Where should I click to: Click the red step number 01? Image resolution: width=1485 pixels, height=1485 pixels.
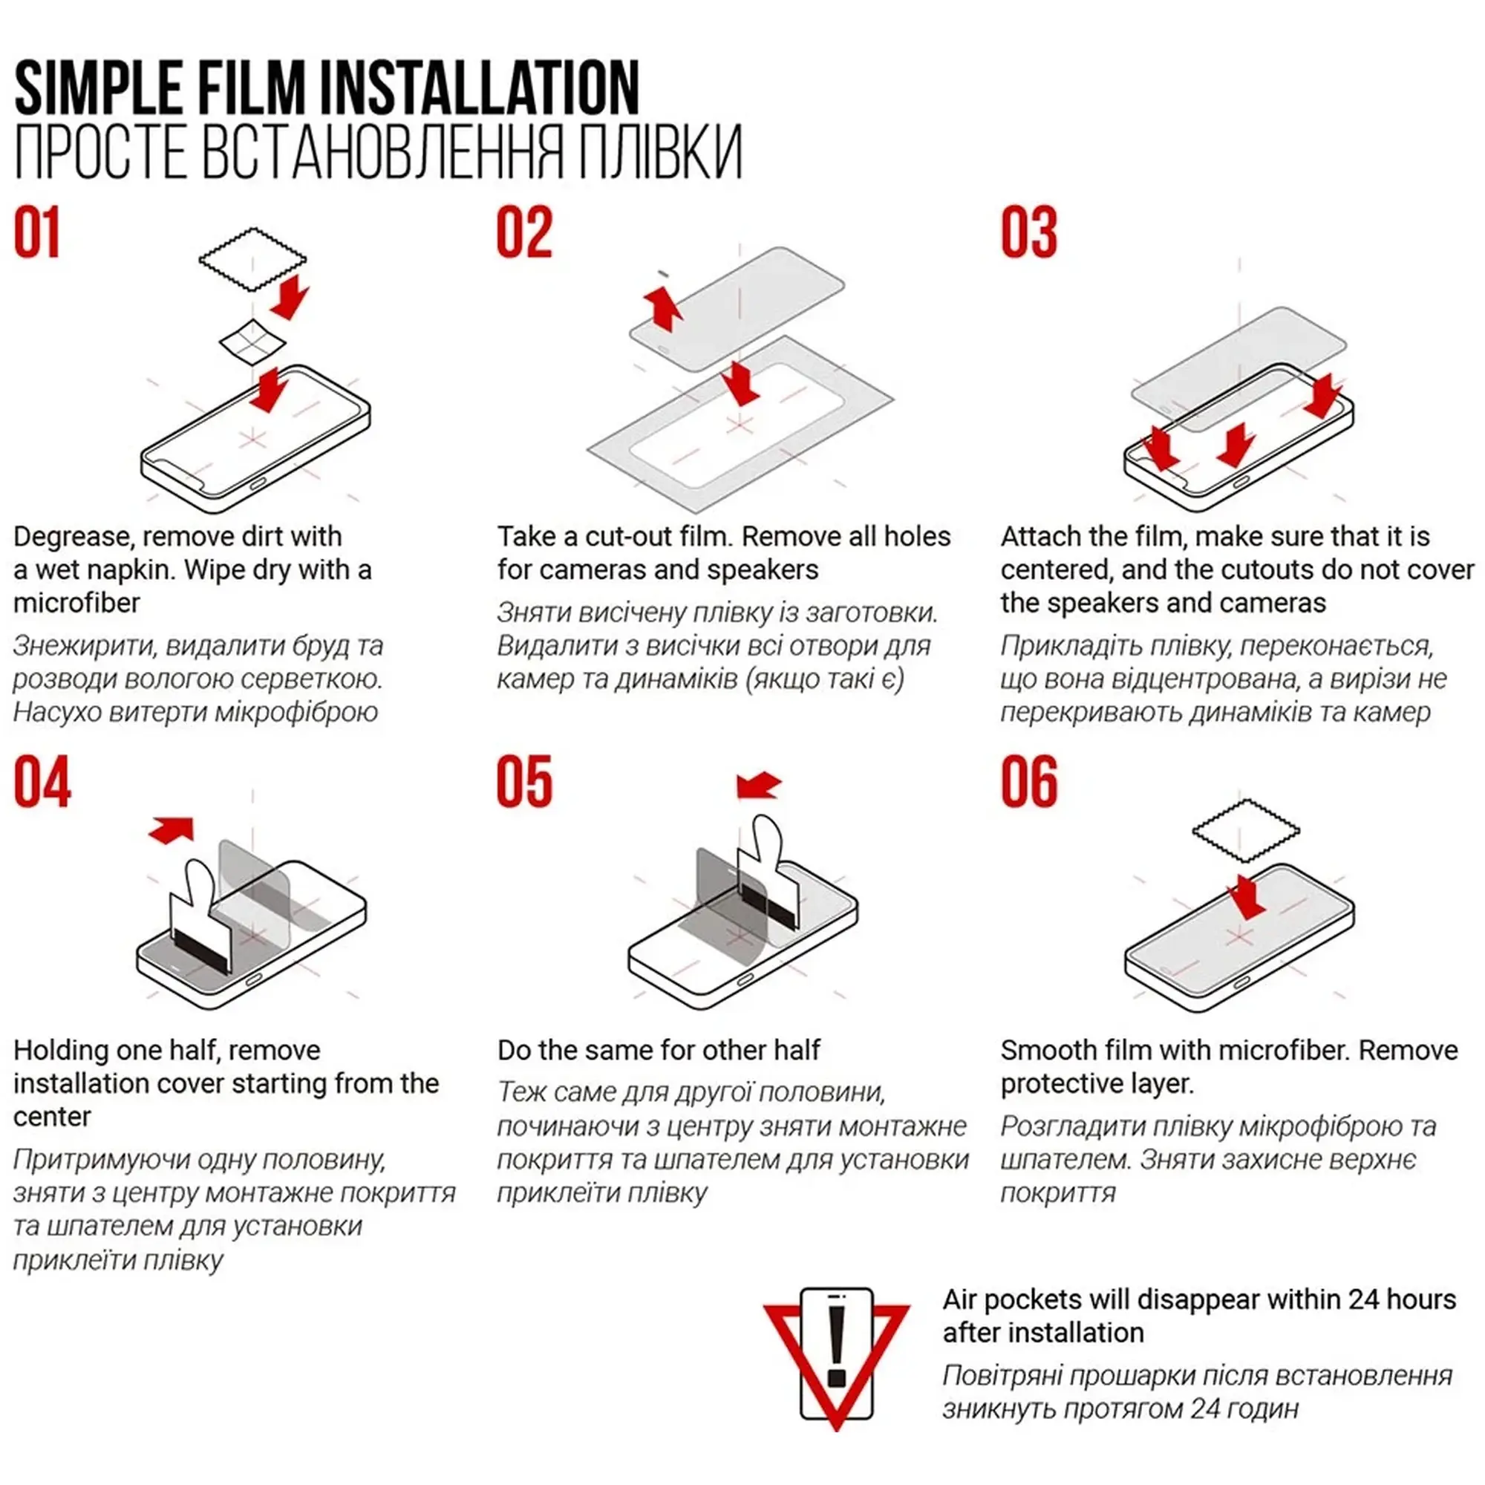point(37,232)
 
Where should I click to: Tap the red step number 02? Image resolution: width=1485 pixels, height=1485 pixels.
point(524,232)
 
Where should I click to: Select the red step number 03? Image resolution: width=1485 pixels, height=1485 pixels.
point(1028,232)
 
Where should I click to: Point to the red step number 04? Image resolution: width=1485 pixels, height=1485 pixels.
point(42,782)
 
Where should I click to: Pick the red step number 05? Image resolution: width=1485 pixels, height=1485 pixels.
point(524,782)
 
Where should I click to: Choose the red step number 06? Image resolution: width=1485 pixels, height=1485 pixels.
point(1029,782)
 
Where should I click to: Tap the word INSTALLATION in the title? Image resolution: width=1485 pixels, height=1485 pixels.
point(479,89)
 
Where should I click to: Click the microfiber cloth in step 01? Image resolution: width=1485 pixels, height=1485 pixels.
point(252,259)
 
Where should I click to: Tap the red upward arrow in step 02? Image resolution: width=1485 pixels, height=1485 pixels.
point(662,308)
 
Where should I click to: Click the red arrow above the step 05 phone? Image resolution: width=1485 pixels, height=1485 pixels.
point(758,786)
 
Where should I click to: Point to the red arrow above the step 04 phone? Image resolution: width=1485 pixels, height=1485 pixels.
point(172,829)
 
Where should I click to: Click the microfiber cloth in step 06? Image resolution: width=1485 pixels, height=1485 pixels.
point(1245,831)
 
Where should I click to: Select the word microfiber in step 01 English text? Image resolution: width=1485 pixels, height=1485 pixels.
point(77,603)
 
